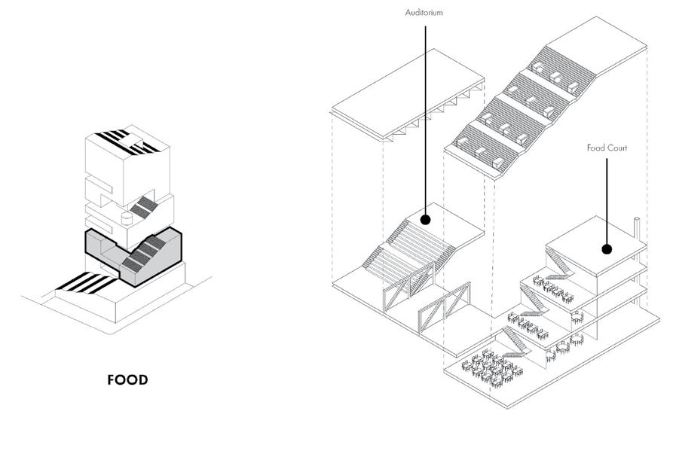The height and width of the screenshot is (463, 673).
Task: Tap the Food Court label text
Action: point(607,148)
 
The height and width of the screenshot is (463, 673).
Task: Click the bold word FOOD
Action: point(127,379)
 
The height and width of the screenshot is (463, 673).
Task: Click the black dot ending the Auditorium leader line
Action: point(425,220)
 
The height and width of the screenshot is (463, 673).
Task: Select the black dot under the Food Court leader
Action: point(607,249)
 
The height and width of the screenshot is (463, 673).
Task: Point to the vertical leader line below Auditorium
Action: point(425,113)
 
